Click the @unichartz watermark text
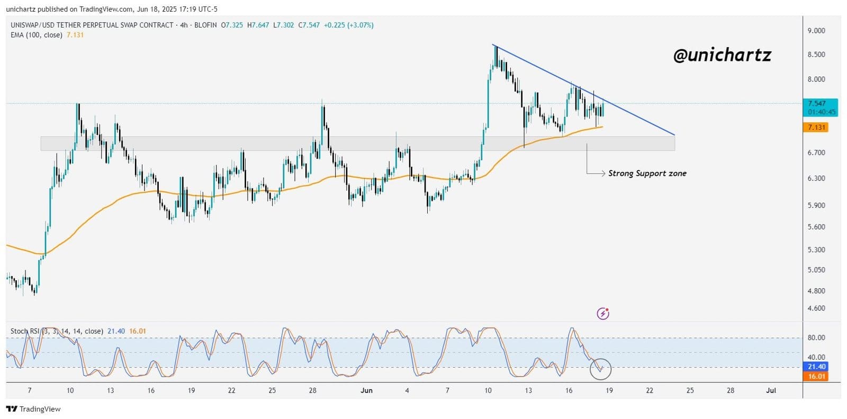(722, 55)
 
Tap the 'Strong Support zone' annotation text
(647, 173)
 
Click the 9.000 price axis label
(816, 31)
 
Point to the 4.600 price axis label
(816, 308)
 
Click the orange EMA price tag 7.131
(816, 128)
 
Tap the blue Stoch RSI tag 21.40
(816, 367)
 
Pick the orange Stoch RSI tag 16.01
(816, 377)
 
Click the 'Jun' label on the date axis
(366, 391)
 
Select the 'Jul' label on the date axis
(771, 391)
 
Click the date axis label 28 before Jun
(312, 391)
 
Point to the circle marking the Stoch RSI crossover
(600, 369)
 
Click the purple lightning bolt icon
(602, 314)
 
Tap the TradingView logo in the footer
(33, 409)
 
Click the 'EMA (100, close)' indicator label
(37, 35)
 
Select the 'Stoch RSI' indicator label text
(25, 332)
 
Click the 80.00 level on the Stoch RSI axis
(816, 337)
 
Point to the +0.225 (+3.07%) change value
(349, 25)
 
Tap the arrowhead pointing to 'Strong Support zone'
(603, 173)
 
